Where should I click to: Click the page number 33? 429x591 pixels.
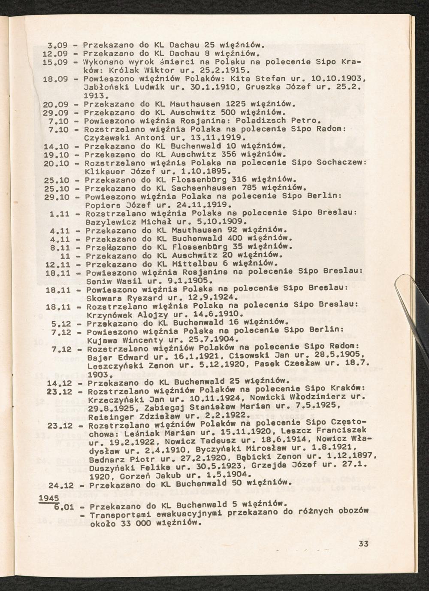(363, 544)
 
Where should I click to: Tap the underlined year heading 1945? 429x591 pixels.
(48, 498)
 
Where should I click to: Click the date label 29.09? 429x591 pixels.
(56, 112)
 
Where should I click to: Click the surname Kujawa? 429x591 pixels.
(100, 339)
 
